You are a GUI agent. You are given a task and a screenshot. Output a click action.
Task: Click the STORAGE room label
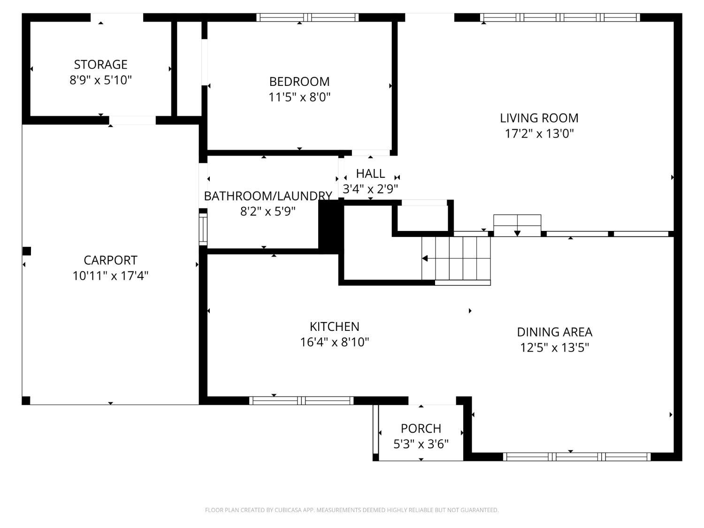(101, 64)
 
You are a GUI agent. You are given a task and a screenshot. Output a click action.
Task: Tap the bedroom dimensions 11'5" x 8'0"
(299, 97)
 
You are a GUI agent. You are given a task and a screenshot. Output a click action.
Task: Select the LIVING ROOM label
(539, 118)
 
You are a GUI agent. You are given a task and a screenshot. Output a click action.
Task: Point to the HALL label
(370, 174)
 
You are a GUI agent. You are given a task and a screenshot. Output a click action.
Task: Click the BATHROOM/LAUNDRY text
(268, 196)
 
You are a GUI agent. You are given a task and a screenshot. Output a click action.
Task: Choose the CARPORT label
(111, 260)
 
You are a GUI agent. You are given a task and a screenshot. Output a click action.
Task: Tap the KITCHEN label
(335, 326)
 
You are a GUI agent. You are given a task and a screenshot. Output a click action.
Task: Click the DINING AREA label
(555, 332)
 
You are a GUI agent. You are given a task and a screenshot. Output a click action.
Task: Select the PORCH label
(421, 429)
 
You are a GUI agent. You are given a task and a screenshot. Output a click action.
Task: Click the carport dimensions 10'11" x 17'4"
(111, 275)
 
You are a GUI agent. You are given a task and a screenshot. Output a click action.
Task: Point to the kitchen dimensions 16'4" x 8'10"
(335, 342)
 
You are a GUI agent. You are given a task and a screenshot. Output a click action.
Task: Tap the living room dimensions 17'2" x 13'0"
(539, 133)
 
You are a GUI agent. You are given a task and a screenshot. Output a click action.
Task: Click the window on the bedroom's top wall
(307, 17)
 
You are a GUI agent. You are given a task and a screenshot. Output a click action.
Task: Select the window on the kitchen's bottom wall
(301, 400)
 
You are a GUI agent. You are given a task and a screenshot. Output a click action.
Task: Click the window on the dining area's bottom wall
(577, 457)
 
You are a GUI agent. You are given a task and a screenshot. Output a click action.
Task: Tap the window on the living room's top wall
(560, 17)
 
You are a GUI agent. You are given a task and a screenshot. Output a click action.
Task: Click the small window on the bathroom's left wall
(203, 229)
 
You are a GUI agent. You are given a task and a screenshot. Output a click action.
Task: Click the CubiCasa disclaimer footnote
(352, 510)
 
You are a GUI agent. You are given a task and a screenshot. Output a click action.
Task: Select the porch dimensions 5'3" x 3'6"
(421, 444)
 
